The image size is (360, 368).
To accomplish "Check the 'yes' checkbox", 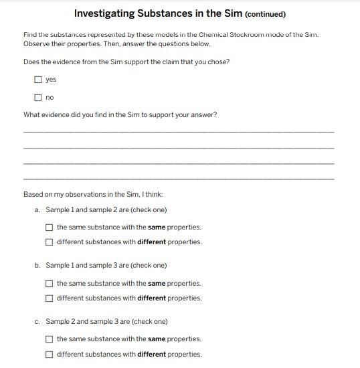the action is tap(38, 80).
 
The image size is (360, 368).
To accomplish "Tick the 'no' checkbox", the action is tap(38, 98).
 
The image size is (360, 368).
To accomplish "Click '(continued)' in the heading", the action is tap(266, 14).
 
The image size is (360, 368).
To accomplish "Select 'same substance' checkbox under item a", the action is tap(50, 227).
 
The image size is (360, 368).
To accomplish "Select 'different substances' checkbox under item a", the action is tap(50, 242).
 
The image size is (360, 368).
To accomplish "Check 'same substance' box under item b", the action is tap(50, 284).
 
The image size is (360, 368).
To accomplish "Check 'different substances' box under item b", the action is tap(50, 298).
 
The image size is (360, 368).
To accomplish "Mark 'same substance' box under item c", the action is tap(50, 339).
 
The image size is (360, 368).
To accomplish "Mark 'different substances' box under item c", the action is tap(50, 355).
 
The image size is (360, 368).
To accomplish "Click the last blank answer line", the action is tap(178, 178).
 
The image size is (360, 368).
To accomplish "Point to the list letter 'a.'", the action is tap(37, 210).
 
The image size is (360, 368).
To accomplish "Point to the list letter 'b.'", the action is tap(37, 266).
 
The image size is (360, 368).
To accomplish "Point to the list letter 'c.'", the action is tap(37, 322).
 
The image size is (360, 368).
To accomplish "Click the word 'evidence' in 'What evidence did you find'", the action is tap(56, 114).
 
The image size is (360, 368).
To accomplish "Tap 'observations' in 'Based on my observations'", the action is tap(83, 195).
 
